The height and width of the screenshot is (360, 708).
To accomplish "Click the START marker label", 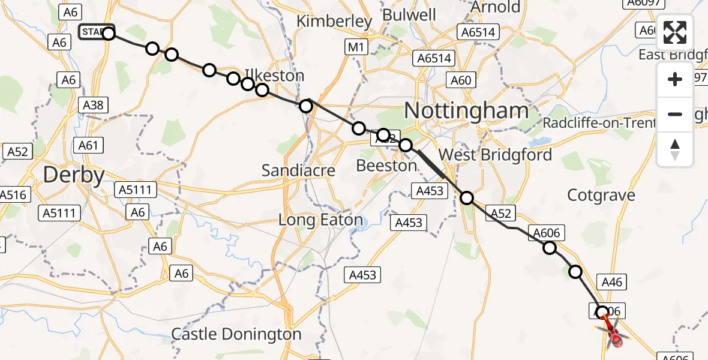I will pyautogui.click(x=94, y=31).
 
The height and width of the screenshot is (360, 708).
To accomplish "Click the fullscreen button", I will pyautogui.click(x=675, y=34).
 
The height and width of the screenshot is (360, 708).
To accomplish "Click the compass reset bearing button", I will pyautogui.click(x=675, y=149).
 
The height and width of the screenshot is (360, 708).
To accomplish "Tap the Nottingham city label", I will pyautogui.click(x=466, y=110).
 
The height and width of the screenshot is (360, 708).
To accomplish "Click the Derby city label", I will pyautogui.click(x=74, y=175).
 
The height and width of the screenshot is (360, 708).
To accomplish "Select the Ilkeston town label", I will pyautogui.click(x=275, y=76).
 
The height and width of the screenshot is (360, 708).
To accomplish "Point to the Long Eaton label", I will pyautogui.click(x=320, y=220).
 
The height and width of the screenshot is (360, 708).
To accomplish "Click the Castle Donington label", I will pyautogui.click(x=236, y=334).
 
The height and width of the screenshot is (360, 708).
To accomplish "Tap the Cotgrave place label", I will pyautogui.click(x=601, y=195).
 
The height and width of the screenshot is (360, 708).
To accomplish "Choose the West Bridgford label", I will pyautogui.click(x=495, y=155).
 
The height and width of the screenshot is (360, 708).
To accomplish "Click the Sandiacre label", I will pyautogui.click(x=298, y=171).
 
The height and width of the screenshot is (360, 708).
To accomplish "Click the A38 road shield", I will pyautogui.click(x=93, y=106).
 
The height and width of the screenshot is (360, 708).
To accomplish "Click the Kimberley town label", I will pyautogui.click(x=334, y=22).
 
